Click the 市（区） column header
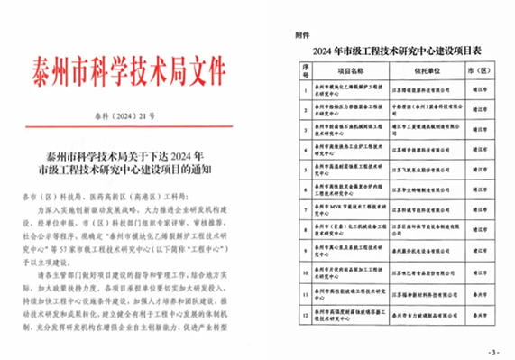point(475,69)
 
